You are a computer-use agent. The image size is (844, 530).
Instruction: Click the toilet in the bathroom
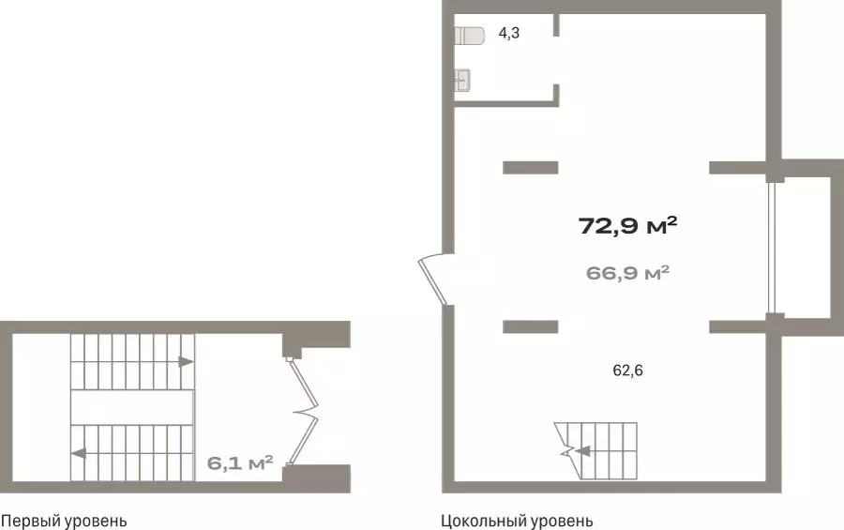pos(469,36)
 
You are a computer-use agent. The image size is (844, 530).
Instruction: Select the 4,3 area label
pos(508,34)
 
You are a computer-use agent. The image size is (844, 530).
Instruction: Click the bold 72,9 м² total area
pos(627,226)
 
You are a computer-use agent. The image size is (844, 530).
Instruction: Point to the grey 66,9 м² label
pos(627,273)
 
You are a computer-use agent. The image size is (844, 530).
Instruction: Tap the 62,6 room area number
pos(627,371)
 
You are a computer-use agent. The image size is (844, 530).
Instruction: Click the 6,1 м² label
pos(240,462)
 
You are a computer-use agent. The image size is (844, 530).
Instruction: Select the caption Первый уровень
pos(64,522)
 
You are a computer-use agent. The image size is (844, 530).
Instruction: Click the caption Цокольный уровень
pos(517,522)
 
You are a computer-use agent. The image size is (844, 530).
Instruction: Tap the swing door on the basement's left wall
pos(433,280)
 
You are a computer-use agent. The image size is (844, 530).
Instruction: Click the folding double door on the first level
pos(303,412)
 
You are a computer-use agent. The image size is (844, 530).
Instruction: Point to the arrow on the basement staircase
pos(581,451)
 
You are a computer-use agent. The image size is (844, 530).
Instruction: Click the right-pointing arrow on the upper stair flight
pos(187,361)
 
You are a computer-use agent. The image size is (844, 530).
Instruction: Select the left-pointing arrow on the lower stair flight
pos(79,453)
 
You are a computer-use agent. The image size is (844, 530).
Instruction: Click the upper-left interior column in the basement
pos(530,168)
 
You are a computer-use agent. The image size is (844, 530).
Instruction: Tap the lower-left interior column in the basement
pos(530,326)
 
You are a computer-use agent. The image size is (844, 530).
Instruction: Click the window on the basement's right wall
pos(772,248)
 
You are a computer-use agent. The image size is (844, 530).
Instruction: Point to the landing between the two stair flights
pos(132,407)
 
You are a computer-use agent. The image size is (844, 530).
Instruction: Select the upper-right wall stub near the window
pos(739,168)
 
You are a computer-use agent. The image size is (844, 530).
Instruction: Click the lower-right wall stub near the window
pos(739,326)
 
